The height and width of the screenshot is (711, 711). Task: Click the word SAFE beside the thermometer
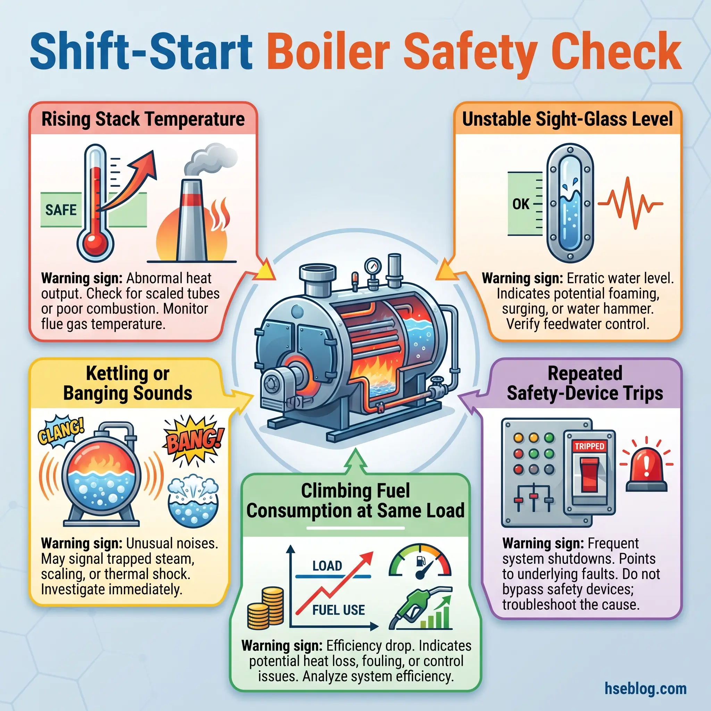click(x=61, y=210)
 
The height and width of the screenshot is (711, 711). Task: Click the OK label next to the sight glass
click(x=521, y=204)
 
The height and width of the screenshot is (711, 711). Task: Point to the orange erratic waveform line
click(x=630, y=203)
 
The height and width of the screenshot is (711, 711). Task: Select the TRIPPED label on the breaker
click(x=589, y=446)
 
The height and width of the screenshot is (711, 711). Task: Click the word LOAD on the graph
click(x=327, y=566)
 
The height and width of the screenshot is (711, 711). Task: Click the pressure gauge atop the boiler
click(x=373, y=266)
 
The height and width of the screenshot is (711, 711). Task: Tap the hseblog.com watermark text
click(x=645, y=688)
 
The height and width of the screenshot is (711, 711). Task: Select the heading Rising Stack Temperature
click(x=143, y=119)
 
